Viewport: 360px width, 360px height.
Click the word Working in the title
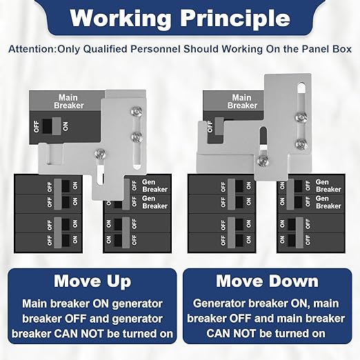[120, 19]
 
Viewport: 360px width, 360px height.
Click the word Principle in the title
[235, 19]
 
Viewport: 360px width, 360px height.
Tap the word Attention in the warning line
[32, 49]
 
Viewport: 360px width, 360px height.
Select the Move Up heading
[92, 281]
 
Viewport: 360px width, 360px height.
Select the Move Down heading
[267, 281]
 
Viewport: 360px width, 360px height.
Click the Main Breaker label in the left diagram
[68, 101]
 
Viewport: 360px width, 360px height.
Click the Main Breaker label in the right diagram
[242, 101]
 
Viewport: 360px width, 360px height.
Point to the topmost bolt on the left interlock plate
[137, 112]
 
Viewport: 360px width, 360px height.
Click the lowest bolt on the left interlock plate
[100, 154]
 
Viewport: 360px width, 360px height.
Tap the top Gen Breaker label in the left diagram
[154, 186]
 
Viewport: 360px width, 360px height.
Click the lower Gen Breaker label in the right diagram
[328, 202]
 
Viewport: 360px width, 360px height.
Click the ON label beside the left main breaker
[66, 126]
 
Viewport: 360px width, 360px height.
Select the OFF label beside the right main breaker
[210, 126]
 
